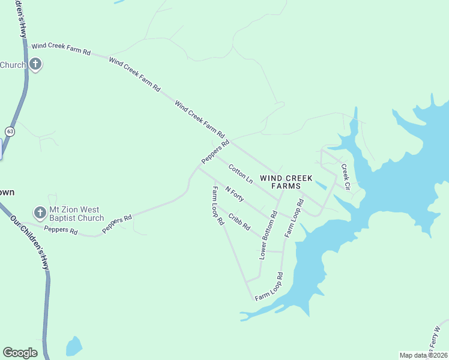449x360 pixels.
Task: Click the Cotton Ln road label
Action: click(x=241, y=175)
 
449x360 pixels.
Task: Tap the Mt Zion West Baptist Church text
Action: click(x=76, y=214)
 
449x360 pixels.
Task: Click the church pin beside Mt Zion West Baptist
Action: click(x=40, y=212)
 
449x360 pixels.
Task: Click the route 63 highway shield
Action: click(x=10, y=131)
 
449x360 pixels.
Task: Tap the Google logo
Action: click(x=20, y=353)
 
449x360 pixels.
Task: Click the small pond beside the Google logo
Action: click(x=73, y=346)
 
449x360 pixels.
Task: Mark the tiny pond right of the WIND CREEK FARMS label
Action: click(x=321, y=185)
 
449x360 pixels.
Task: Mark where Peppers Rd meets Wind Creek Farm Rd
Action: click(x=231, y=140)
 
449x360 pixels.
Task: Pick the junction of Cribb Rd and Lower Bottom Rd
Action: click(x=263, y=239)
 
